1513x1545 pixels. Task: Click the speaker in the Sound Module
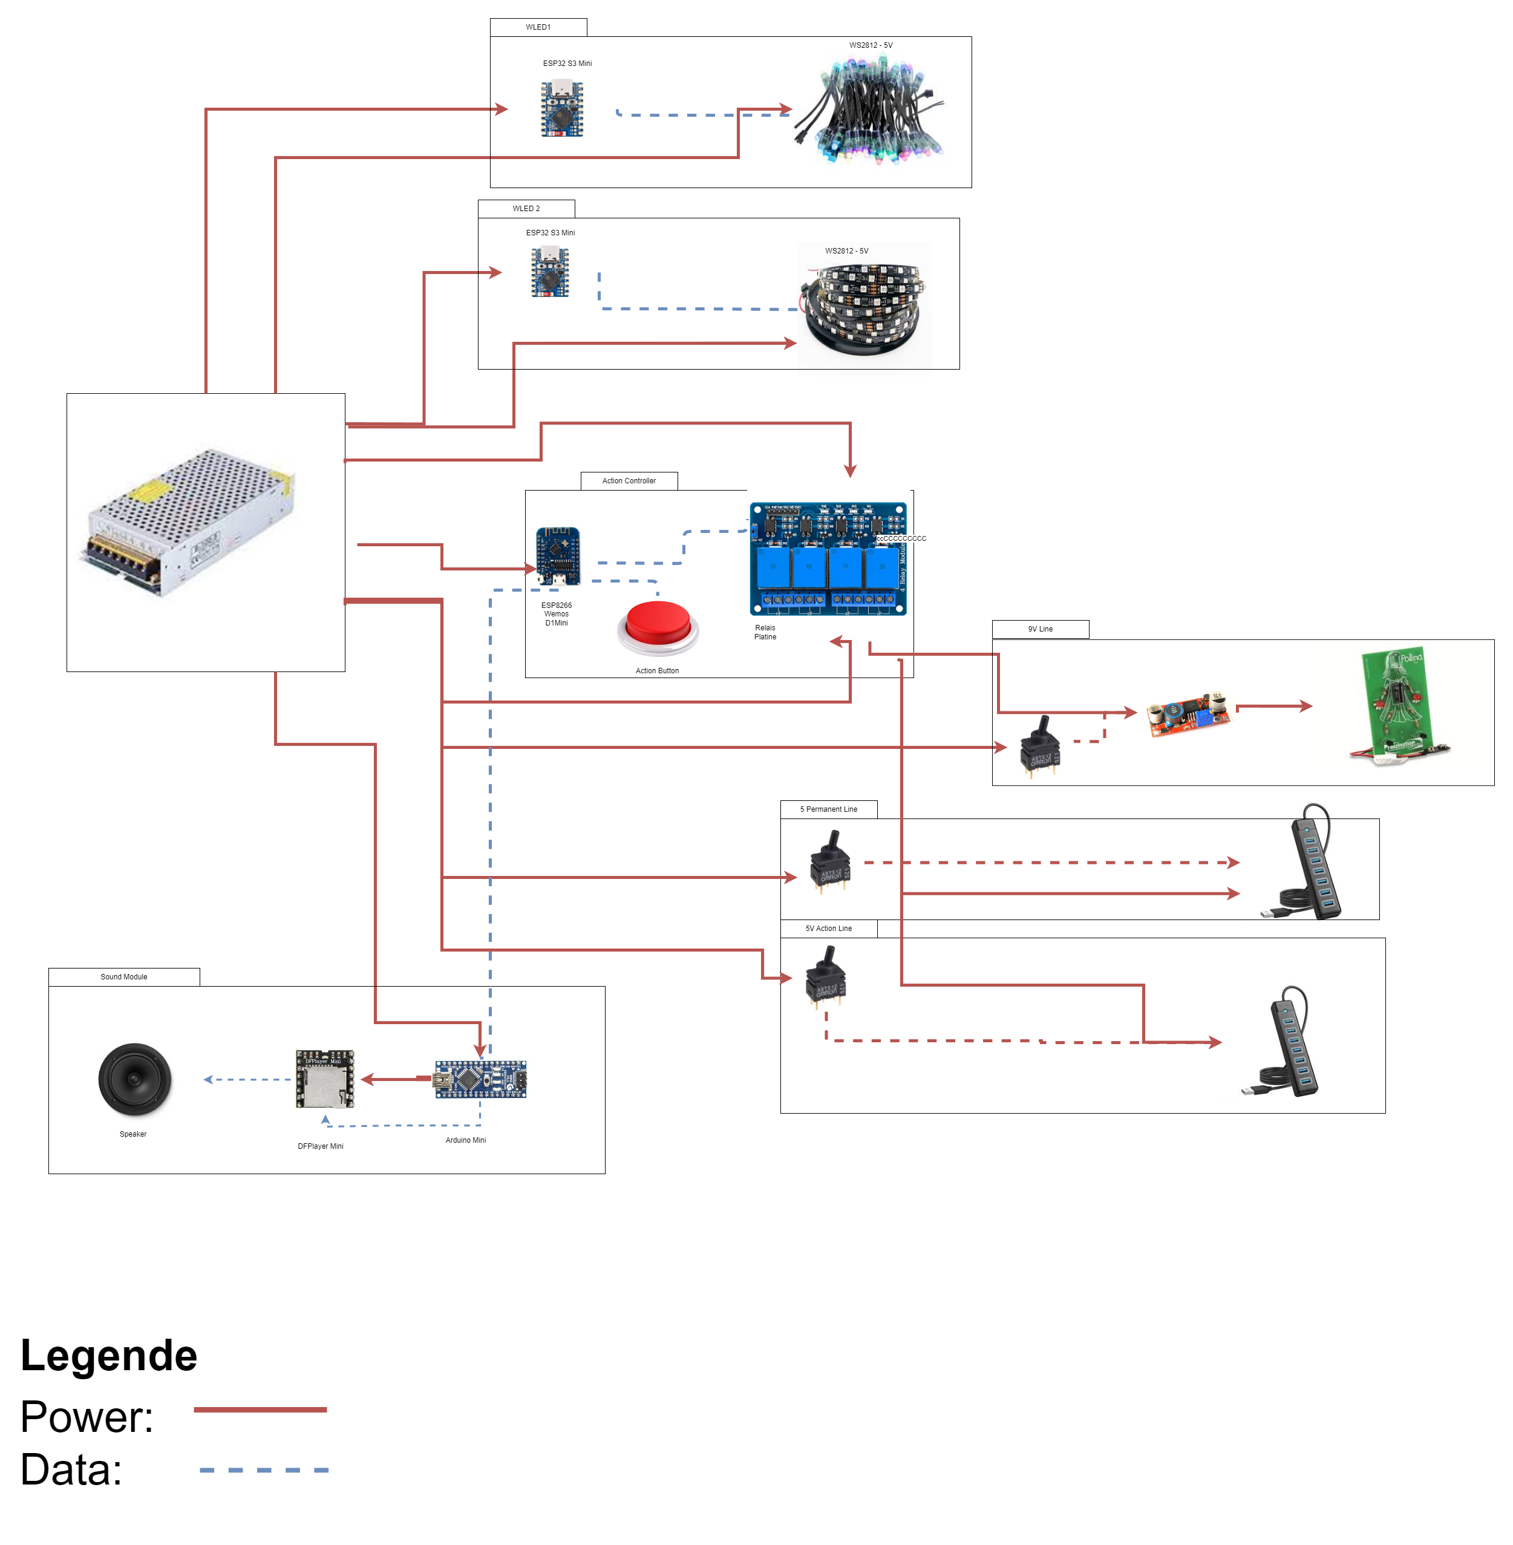pyautogui.click(x=134, y=1079)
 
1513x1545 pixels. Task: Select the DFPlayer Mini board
pyautogui.click(x=325, y=1079)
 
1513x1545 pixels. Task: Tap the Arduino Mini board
pyautogui.click(x=480, y=1079)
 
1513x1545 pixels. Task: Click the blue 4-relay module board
pyautogui.click(x=828, y=559)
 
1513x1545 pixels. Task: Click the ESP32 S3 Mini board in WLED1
pyautogui.click(x=562, y=109)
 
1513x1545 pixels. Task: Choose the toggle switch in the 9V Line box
pyautogui.click(x=1040, y=745)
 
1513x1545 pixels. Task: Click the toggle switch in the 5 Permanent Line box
pyautogui.click(x=829, y=861)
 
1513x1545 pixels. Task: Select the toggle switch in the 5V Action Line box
pyautogui.click(x=826, y=976)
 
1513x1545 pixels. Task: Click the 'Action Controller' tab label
pyautogui.click(x=629, y=481)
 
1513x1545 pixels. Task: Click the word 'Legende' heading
pyautogui.click(x=109, y=1356)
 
